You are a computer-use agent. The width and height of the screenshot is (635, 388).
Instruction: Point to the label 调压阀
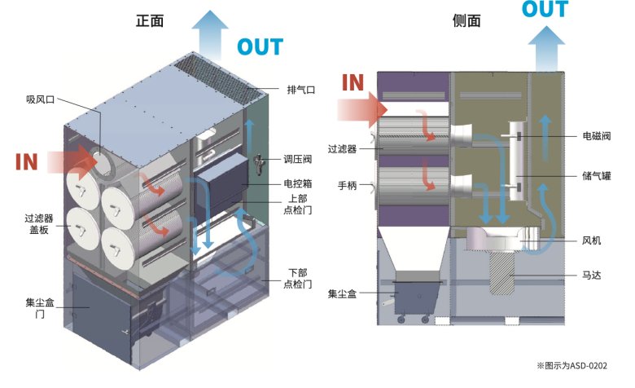click(x=298, y=160)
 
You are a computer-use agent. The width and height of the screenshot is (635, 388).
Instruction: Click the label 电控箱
click(x=298, y=183)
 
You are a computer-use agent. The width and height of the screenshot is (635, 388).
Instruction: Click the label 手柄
click(x=348, y=186)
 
